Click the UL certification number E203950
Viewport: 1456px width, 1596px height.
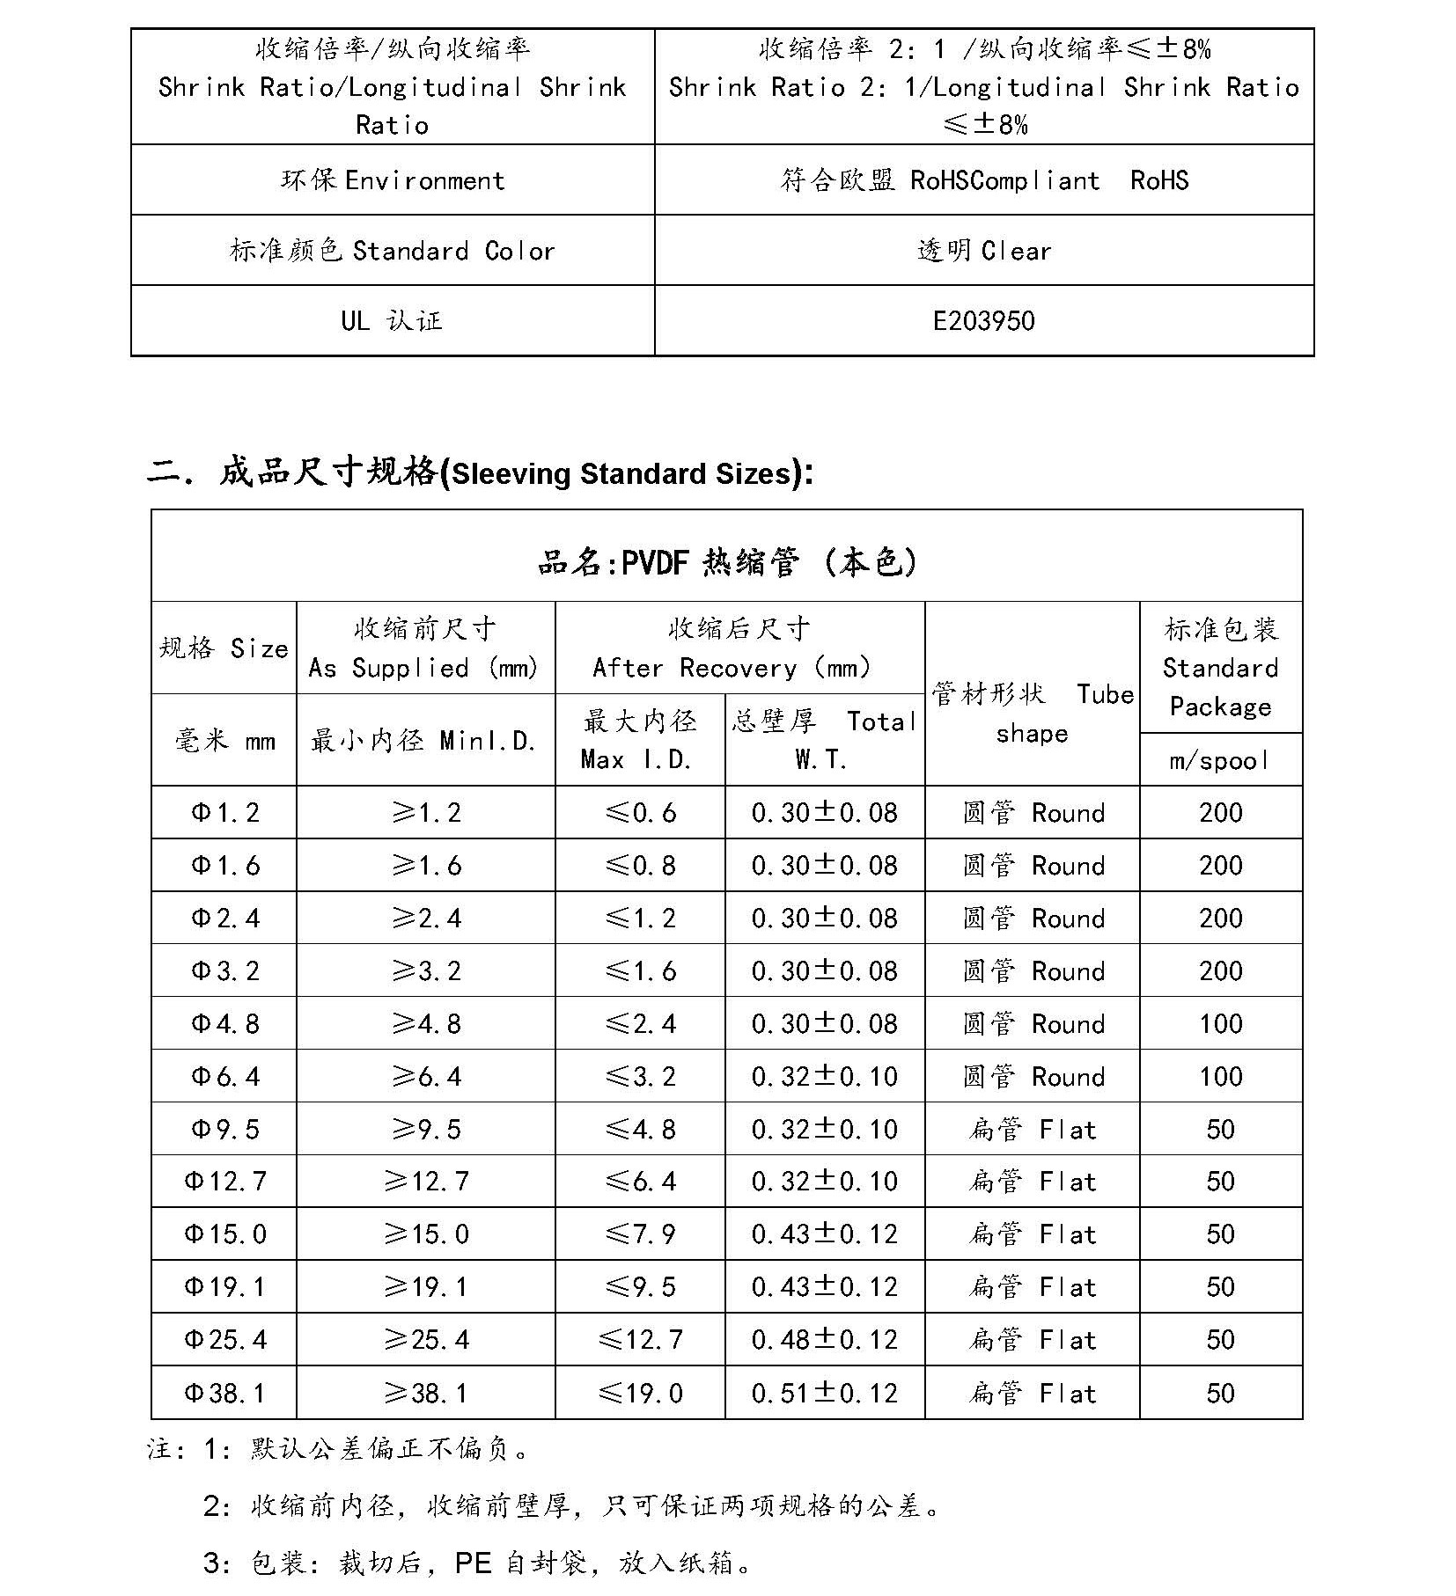pos(983,321)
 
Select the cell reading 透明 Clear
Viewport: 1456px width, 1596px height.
pos(983,251)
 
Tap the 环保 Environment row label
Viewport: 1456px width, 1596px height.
pos(393,180)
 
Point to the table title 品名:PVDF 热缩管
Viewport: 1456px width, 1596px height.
pos(726,561)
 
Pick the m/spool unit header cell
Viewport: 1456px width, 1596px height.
pos(1220,760)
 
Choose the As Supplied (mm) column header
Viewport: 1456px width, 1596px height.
pos(424,649)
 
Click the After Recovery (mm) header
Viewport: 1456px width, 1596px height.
pos(739,649)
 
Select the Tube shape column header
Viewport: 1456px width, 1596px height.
pos(1032,714)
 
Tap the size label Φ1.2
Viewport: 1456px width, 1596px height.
pos(225,812)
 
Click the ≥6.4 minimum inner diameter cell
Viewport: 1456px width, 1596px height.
pos(426,1076)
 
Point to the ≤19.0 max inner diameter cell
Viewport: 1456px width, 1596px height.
pos(640,1393)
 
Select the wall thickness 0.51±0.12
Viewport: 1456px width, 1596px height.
pos(824,1393)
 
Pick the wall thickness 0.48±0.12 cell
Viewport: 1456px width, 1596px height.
pos(824,1340)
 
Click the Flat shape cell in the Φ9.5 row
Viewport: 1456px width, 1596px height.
pos(1032,1129)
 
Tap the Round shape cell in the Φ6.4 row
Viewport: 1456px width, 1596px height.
pos(1032,1076)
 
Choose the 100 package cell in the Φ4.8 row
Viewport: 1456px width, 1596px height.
pos(1220,1023)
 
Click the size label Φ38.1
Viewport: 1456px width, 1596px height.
pos(224,1393)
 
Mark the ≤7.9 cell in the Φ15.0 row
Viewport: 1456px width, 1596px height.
pos(640,1234)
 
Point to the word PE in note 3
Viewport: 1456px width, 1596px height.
pos(473,1563)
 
